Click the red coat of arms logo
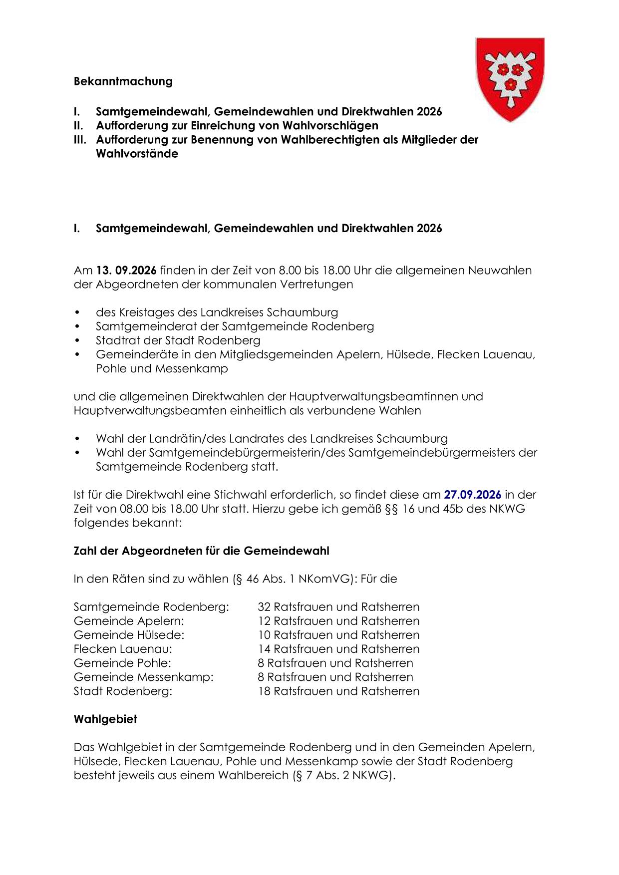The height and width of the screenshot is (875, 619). (510, 79)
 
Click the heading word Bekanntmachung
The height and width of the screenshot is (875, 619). (123, 81)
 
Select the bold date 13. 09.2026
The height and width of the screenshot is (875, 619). (126, 271)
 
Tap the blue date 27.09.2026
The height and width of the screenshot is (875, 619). (472, 495)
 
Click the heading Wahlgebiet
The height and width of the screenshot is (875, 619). (105, 719)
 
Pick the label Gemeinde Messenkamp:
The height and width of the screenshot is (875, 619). (143, 677)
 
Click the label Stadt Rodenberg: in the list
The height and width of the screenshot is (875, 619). (123, 691)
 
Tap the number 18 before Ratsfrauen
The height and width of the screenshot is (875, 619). (264, 691)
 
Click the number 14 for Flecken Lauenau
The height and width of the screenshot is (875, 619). (264, 649)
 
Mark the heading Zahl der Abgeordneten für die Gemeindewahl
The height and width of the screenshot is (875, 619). (201, 551)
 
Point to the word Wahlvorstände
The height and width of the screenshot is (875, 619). (137, 154)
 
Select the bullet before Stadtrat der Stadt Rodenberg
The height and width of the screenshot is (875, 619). (77, 340)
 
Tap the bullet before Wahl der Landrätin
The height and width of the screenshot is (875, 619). (77, 439)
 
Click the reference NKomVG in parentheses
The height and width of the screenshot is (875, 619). (324, 579)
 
